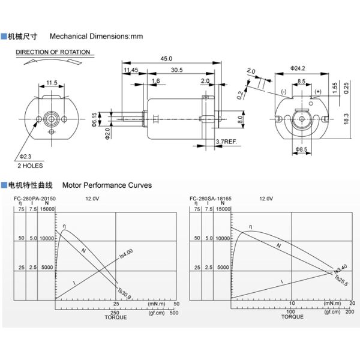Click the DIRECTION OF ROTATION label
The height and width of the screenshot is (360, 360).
[x=53, y=52]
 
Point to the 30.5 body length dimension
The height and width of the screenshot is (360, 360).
[x=177, y=70]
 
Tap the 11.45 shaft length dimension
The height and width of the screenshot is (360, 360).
[x=131, y=70]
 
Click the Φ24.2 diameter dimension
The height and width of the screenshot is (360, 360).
[x=298, y=68]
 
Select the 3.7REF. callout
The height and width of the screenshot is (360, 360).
[x=226, y=142]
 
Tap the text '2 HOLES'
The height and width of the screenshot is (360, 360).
[x=30, y=165]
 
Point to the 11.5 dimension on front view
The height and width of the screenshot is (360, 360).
[x=52, y=82]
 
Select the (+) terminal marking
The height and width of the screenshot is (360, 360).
[x=317, y=91]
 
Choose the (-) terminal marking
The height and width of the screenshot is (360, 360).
[x=283, y=91]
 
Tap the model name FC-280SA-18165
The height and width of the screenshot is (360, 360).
[x=209, y=198]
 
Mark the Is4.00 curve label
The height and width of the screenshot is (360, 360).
[x=126, y=253]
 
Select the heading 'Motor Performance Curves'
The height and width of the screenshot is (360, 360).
[x=107, y=185]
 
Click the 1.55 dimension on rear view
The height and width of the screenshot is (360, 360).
[x=337, y=87]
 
